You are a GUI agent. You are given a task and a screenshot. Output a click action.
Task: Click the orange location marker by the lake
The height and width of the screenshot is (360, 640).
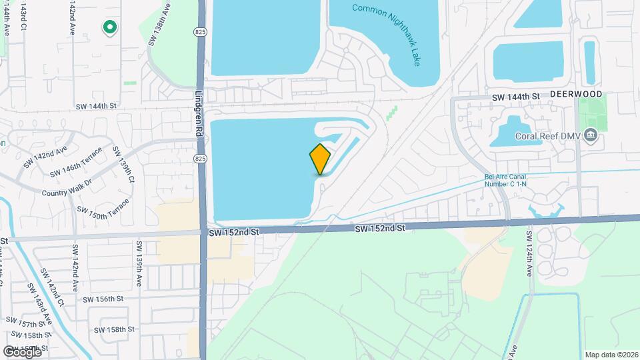coord(320,159)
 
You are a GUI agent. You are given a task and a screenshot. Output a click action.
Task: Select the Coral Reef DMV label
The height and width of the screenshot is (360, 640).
coord(547,137)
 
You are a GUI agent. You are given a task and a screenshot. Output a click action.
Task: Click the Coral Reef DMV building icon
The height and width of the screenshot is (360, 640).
coord(590,137)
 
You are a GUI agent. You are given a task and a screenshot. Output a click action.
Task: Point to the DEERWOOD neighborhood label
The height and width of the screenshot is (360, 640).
coord(576,95)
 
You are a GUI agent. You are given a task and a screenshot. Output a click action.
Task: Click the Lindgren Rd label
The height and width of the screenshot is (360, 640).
coord(199,114)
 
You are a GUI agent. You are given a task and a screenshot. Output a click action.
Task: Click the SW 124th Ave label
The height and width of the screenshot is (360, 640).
coord(529,254)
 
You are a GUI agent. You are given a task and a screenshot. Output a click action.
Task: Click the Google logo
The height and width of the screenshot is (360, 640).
coord(22,351)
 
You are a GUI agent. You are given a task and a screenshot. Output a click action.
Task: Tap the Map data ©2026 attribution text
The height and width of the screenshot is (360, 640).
coord(611,355)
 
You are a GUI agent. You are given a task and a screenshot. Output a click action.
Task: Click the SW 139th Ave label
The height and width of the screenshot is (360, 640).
coord(140,256)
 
